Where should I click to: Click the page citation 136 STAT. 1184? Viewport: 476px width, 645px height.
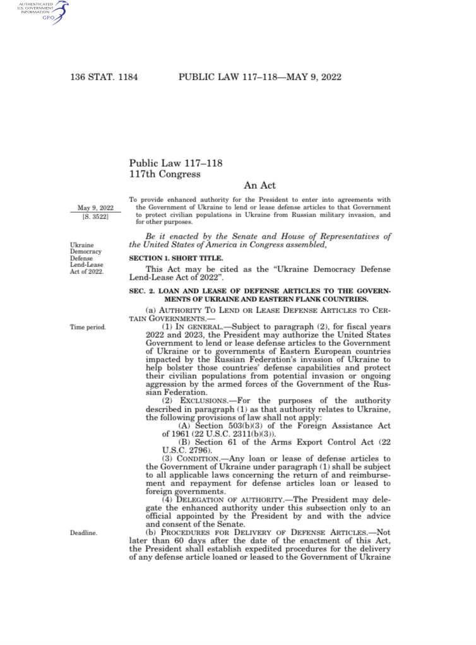coord(104,77)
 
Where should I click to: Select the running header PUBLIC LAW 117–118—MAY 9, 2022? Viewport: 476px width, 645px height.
coord(260,77)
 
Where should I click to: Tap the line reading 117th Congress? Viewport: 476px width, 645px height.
coord(165,174)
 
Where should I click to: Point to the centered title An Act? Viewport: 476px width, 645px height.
coord(259,186)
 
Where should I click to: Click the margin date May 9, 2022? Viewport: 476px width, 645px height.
coord(95,208)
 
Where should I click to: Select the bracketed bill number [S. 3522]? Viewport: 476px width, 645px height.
coord(95,217)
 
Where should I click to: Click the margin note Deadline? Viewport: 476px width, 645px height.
coord(83,533)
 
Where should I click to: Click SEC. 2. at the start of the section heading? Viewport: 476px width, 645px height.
coord(142,291)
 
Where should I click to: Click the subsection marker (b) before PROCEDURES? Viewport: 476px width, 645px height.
coord(151,533)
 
